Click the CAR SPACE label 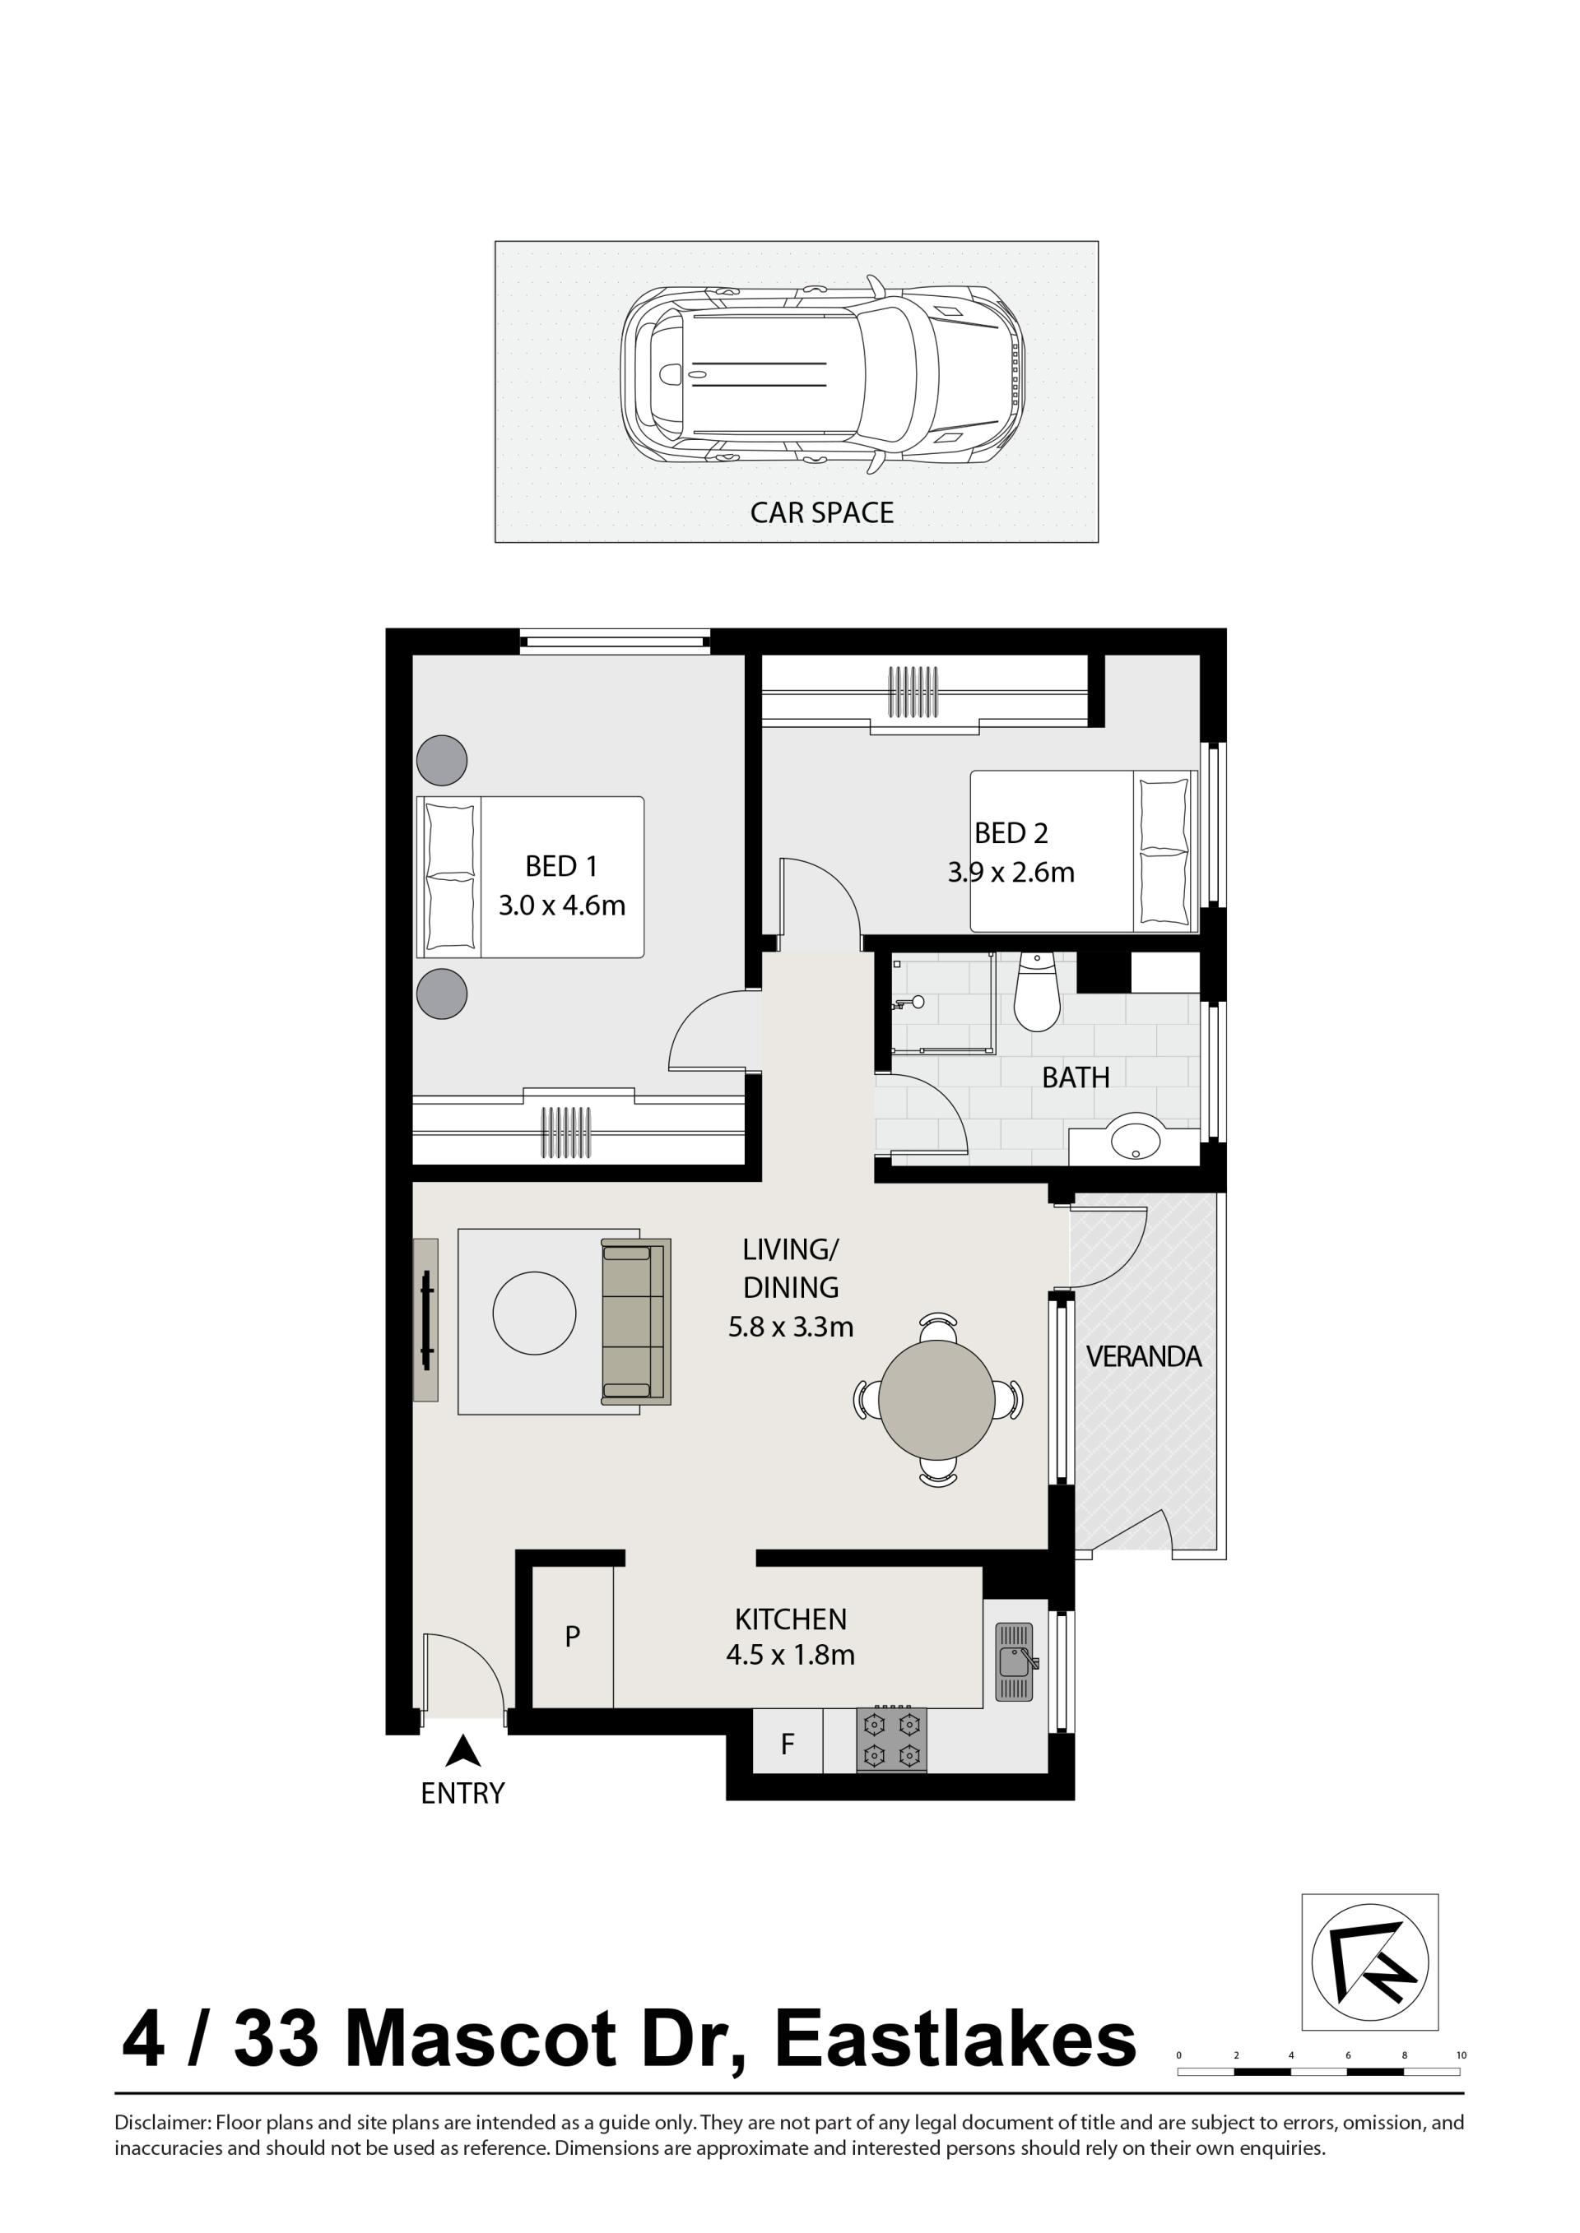[x=821, y=512]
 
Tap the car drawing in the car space [x=823, y=374]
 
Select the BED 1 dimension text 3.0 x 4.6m [x=561, y=906]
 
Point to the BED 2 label [x=1011, y=832]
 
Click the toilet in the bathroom [x=1036, y=992]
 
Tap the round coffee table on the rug [x=534, y=1313]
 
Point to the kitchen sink [x=1015, y=1661]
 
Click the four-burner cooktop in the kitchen [x=891, y=1740]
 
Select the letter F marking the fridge [x=788, y=1744]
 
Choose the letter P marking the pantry [x=572, y=1636]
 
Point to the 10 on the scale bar [x=1461, y=2055]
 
